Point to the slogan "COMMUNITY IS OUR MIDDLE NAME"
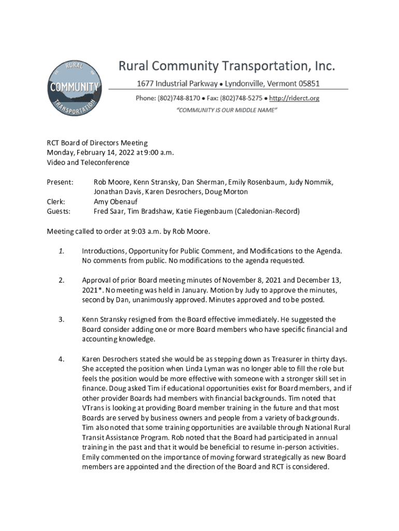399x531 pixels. point(227,110)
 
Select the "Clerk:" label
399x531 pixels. point(56,202)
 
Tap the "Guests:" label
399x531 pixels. point(59,212)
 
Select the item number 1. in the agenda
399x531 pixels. point(61,251)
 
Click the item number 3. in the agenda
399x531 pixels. point(61,320)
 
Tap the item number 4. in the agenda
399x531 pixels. point(61,359)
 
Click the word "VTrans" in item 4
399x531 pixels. point(94,409)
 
